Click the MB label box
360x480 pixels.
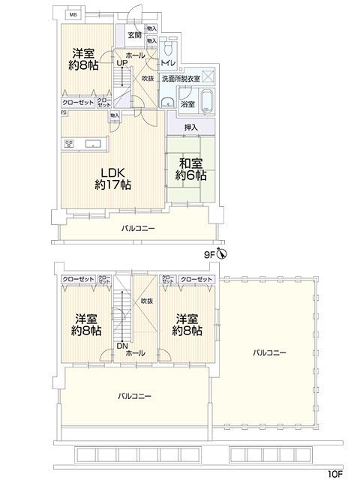pyautogui.click(x=73, y=14)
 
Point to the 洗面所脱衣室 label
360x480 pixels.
pyautogui.click(x=184, y=78)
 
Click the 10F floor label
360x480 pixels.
pyautogui.click(x=334, y=473)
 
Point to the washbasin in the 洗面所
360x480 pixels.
pyautogui.click(x=165, y=103)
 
